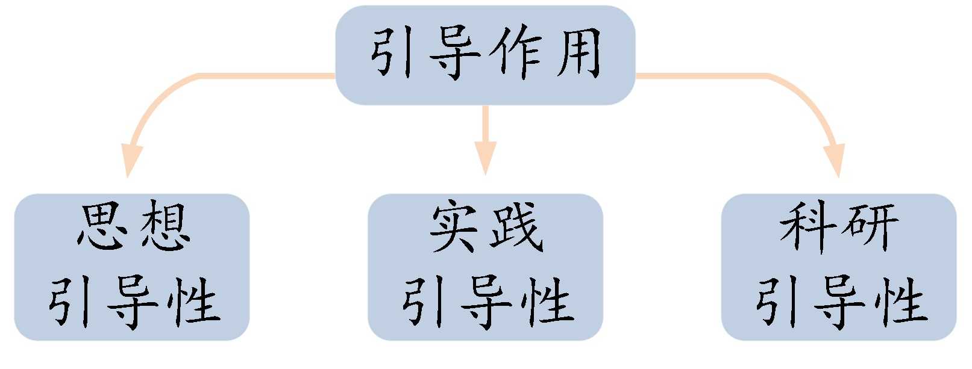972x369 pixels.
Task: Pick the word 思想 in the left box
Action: point(134,228)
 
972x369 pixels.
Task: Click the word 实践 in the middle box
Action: point(486,228)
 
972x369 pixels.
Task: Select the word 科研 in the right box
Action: point(839,228)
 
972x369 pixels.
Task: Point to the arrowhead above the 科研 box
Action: point(836,160)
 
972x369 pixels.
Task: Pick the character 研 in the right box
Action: point(870,228)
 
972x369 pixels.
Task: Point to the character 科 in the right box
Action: point(807,228)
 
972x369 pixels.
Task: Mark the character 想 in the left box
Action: point(164,228)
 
